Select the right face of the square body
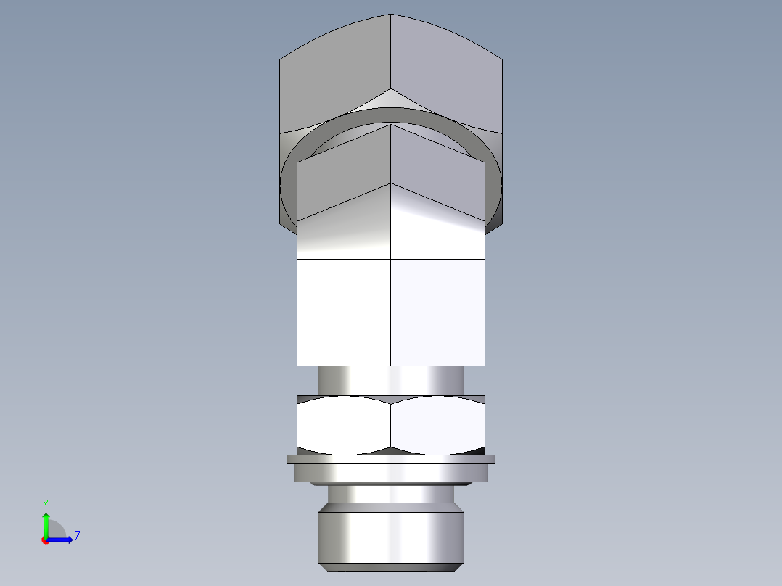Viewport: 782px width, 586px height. pyautogui.click(x=437, y=312)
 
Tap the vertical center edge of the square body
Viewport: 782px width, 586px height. pyautogui.click(x=391, y=312)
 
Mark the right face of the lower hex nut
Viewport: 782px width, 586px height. pyautogui.click(x=437, y=426)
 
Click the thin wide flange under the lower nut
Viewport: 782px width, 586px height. pyautogui.click(x=391, y=459)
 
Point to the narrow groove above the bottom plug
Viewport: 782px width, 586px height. pyautogui.click(x=391, y=495)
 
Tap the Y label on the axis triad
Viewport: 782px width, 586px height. pyautogui.click(x=45, y=503)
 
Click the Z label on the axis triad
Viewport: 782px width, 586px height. pyautogui.click(x=77, y=536)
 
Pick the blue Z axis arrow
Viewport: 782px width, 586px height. pyautogui.click(x=61, y=540)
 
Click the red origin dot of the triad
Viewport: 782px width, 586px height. pyautogui.click(x=46, y=540)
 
